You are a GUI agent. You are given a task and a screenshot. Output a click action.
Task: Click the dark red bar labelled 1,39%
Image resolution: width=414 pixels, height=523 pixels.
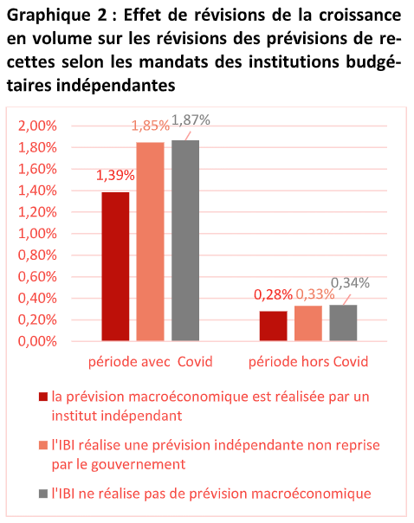[x=115, y=267]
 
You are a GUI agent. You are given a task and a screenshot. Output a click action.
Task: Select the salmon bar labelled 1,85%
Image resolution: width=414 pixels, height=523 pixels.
[x=150, y=242]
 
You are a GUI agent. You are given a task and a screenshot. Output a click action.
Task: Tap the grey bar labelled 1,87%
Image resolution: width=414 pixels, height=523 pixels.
[x=185, y=241]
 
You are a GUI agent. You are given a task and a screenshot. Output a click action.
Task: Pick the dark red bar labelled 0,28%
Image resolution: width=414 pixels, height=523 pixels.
[x=273, y=326]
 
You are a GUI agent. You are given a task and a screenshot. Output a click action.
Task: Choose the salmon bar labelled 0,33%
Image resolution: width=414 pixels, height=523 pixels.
[x=308, y=323]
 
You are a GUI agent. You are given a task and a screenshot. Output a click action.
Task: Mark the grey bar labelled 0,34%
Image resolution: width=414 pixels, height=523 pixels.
[x=343, y=323]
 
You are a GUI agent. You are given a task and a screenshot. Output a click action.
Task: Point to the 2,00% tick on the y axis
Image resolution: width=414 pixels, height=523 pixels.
[x=37, y=126]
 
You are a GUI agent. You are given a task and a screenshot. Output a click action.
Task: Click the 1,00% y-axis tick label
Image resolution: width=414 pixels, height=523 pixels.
[x=37, y=234]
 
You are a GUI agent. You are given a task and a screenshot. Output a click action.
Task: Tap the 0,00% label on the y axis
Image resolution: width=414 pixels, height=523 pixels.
[x=37, y=341]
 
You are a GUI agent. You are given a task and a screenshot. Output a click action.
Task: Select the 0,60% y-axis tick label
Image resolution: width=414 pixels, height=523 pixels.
[x=37, y=277]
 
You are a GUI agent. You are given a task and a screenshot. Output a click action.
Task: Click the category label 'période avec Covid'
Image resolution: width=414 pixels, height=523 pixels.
[x=151, y=362]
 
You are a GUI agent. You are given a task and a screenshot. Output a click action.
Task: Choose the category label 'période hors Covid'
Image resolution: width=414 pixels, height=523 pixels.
[x=308, y=362]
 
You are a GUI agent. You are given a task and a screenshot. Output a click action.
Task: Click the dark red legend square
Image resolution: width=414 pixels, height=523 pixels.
[x=43, y=397]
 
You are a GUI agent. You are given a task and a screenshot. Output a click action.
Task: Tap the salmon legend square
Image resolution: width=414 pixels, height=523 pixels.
[x=43, y=445]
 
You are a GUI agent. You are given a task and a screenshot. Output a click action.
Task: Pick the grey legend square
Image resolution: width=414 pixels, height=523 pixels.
[x=43, y=494]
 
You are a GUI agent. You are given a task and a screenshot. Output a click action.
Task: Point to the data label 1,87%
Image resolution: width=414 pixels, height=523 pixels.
[x=191, y=120]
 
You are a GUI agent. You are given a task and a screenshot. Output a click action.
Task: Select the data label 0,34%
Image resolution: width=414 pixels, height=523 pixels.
[x=350, y=283]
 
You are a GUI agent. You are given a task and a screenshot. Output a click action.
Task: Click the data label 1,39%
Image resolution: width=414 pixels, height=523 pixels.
[x=115, y=175]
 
